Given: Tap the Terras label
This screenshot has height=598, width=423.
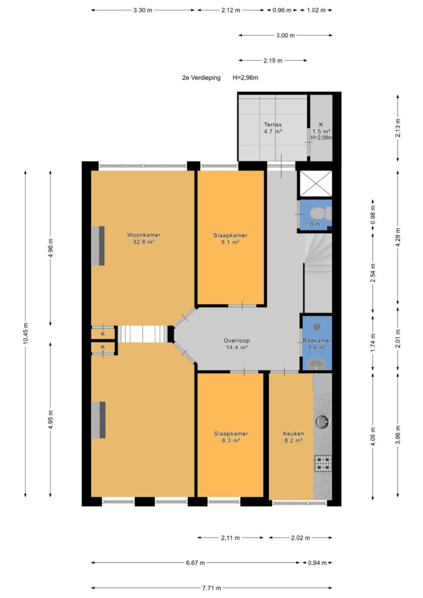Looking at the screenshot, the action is tap(273, 124).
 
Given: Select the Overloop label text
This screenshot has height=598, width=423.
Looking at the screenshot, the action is tap(237, 340).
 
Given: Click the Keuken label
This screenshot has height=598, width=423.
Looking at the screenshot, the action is tap(293, 434).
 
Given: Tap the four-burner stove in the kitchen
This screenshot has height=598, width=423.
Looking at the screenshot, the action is tap(323, 464).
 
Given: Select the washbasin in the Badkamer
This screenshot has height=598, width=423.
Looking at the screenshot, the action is tap(315, 364).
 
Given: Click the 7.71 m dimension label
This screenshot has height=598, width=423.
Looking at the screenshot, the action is tap(211, 588).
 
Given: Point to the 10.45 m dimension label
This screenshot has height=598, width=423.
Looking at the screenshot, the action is tap(26, 333).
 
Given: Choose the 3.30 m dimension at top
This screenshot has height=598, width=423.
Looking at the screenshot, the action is tap(143, 11).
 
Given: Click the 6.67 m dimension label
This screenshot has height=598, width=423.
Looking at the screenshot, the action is tap(195, 562).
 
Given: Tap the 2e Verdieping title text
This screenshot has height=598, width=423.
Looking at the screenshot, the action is tap(202, 78).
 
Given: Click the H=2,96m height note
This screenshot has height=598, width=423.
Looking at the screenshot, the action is tap(245, 78).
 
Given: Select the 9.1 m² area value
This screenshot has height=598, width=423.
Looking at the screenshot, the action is tap(230, 242).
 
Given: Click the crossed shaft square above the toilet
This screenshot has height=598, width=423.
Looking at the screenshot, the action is tap(316, 184).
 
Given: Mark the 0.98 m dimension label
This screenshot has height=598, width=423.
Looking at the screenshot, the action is tap(373, 215).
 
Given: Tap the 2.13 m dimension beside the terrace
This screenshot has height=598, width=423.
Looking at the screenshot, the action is tap(398, 128).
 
